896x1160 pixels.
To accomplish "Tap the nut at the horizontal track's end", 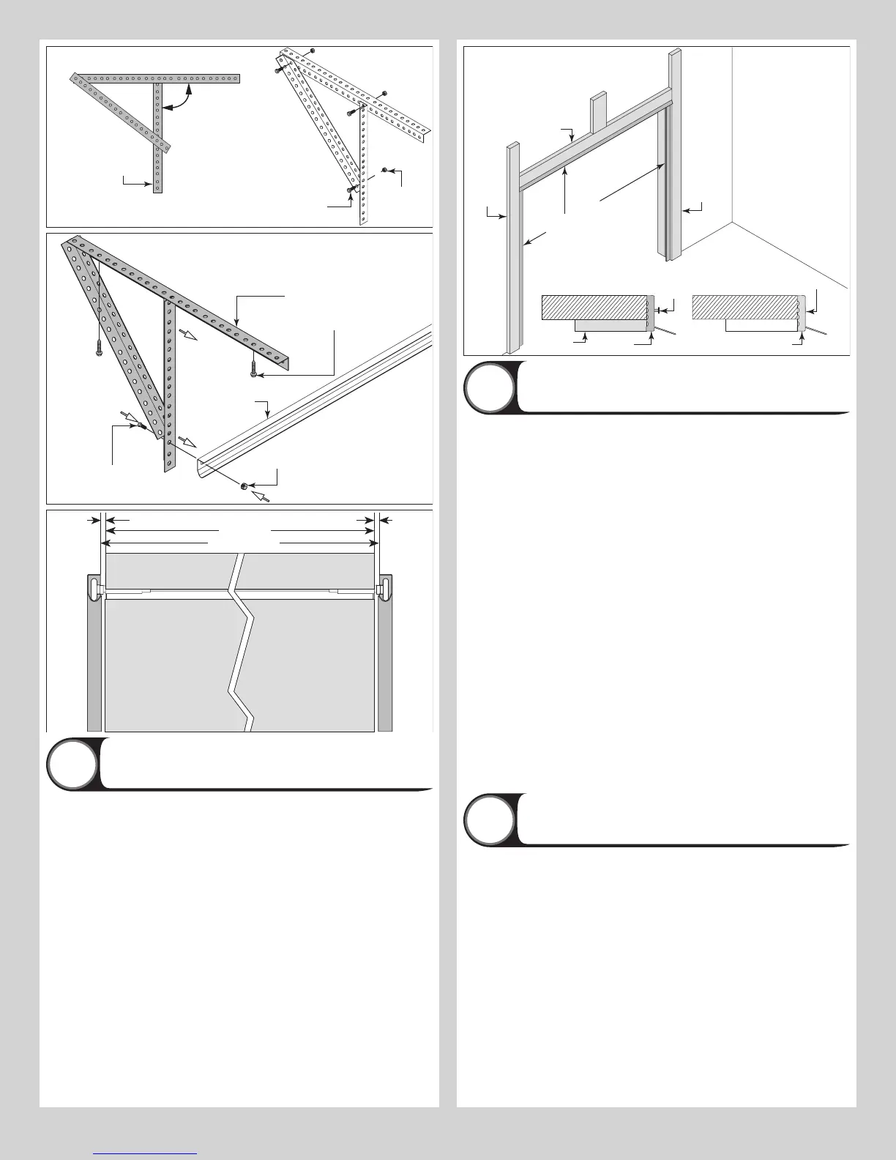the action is click(244, 486).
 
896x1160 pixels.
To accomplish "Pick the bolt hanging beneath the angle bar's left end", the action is click(97, 349).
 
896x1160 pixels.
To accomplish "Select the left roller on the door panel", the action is click(96, 588).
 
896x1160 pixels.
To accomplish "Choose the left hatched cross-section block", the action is click(594, 308).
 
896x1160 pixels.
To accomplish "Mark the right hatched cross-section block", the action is click(744, 308).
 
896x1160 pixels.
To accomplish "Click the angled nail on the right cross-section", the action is click(818, 331).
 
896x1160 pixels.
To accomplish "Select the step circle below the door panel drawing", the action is click(72, 764).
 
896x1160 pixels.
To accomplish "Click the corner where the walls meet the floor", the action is click(733, 223).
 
